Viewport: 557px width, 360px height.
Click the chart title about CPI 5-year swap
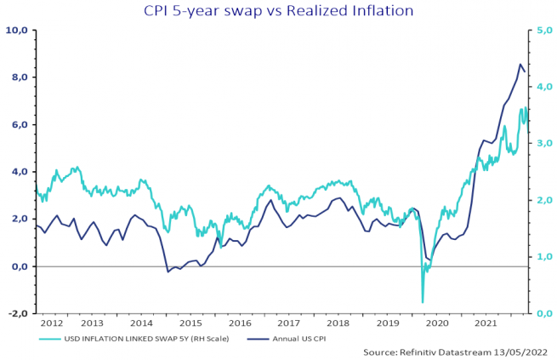(x=278, y=11)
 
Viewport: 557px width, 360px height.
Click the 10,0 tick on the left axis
(x=17, y=30)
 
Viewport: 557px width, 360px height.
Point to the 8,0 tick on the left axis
(x=19, y=77)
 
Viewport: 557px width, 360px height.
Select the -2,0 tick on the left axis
(x=18, y=314)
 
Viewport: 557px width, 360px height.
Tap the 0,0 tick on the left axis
(x=19, y=266)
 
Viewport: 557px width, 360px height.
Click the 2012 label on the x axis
(x=52, y=324)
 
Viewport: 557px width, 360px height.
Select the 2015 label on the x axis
(x=190, y=324)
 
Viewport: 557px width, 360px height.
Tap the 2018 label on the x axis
(x=338, y=324)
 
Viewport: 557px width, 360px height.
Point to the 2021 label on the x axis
(x=485, y=324)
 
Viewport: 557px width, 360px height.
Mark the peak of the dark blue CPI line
(x=520, y=64)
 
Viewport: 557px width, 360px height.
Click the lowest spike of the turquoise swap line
(x=423, y=302)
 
